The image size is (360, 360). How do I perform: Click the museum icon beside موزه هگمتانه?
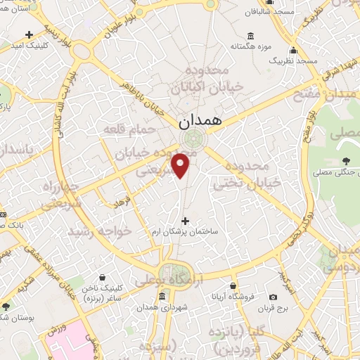(250, 37)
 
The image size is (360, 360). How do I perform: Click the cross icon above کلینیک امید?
(28, 34)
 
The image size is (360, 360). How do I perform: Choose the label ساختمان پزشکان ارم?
(186, 231)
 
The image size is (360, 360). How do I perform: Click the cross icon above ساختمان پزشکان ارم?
(186, 221)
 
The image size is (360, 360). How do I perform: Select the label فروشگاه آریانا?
(233, 297)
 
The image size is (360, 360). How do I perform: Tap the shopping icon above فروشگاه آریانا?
(233, 286)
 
